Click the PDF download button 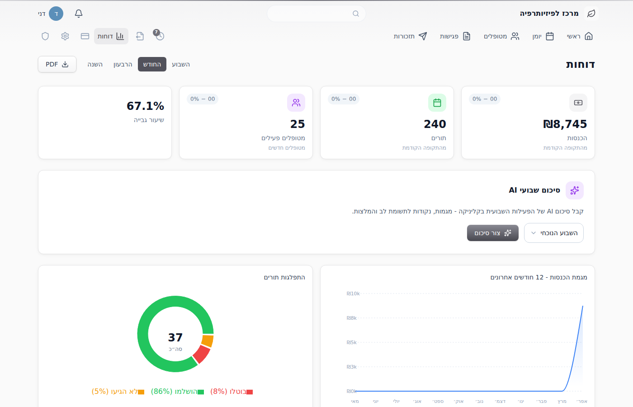(x=57, y=64)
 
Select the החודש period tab (x=152, y=64)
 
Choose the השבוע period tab (x=181, y=64)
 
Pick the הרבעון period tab (x=123, y=64)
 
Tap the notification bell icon (x=79, y=14)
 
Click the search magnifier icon (x=356, y=14)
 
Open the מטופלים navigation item (x=501, y=36)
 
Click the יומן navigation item (x=543, y=36)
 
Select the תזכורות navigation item (x=411, y=36)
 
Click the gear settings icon (x=65, y=36)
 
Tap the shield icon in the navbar (x=45, y=36)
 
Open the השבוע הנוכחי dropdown (x=553, y=233)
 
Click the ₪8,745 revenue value (x=565, y=124)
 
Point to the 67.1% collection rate (x=145, y=106)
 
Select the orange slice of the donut (x=208, y=341)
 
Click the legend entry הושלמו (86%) (x=177, y=392)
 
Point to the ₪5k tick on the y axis (x=352, y=342)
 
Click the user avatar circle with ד (x=56, y=14)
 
